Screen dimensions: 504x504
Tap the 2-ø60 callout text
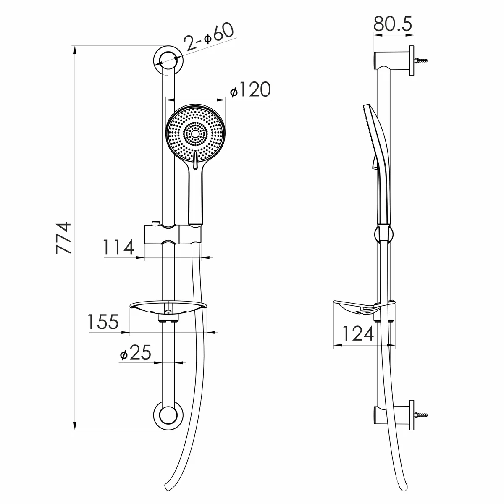coord(208,37)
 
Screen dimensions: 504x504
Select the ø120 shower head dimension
coord(250,90)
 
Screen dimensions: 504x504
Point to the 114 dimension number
coord(118,247)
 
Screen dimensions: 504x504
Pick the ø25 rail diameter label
coord(136,353)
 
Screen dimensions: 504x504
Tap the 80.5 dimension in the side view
coord(393,24)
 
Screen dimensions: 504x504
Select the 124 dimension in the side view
coord(358,334)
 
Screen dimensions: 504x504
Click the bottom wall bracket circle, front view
coord(168,415)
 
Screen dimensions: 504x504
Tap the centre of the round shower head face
coord(195,134)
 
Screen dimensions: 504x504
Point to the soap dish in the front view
coord(168,309)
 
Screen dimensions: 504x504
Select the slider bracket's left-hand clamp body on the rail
coord(161,234)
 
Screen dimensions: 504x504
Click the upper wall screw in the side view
coord(421,60)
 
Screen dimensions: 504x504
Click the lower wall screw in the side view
coord(421,415)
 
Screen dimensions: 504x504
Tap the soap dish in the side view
coord(364,308)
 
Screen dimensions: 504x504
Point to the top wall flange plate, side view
coord(412,60)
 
